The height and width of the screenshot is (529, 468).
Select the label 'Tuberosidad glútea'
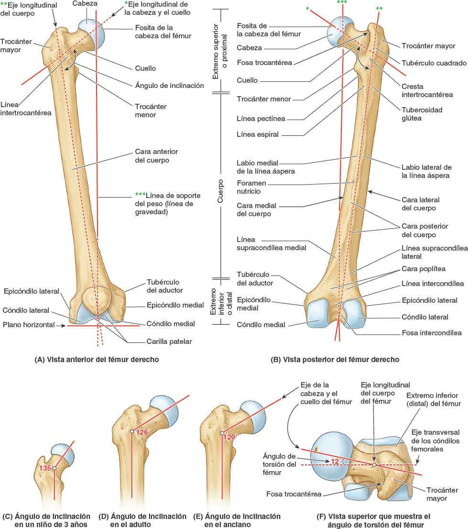point(421,114)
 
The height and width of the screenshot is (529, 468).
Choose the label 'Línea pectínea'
point(258,118)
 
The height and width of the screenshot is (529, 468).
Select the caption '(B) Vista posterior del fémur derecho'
point(341,359)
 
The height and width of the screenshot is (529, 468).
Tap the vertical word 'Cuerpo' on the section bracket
point(220,191)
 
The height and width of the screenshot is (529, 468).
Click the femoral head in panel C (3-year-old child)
point(62,454)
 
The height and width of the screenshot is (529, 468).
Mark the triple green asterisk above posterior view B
point(342,3)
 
